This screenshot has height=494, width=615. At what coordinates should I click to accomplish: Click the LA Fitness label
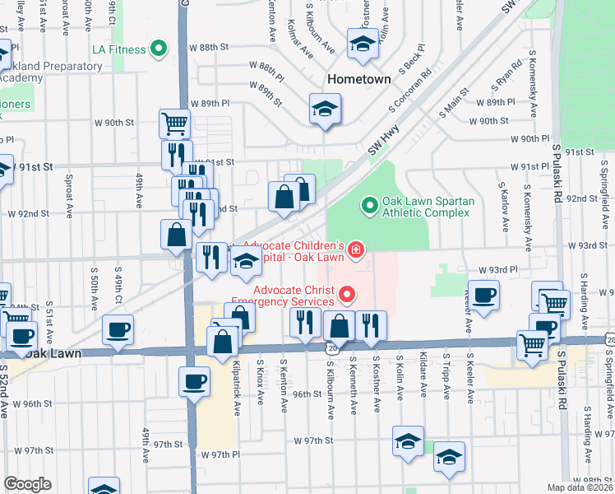click(x=119, y=49)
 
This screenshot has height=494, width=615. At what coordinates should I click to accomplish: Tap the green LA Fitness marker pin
click(x=160, y=49)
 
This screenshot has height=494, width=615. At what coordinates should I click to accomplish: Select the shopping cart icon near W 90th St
click(x=174, y=124)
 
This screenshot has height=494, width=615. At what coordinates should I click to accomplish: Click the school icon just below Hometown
click(x=325, y=109)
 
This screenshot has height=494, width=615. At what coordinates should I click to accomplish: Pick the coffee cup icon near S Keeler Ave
click(x=483, y=295)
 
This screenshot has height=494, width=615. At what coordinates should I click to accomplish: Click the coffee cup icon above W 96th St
click(x=195, y=382)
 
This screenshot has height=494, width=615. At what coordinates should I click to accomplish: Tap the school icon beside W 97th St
click(x=408, y=442)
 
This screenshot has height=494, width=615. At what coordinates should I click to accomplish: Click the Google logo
click(x=28, y=484)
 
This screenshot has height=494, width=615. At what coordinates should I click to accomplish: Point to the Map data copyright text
click(x=580, y=487)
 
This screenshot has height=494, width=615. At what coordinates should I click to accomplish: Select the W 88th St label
click(x=208, y=48)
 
